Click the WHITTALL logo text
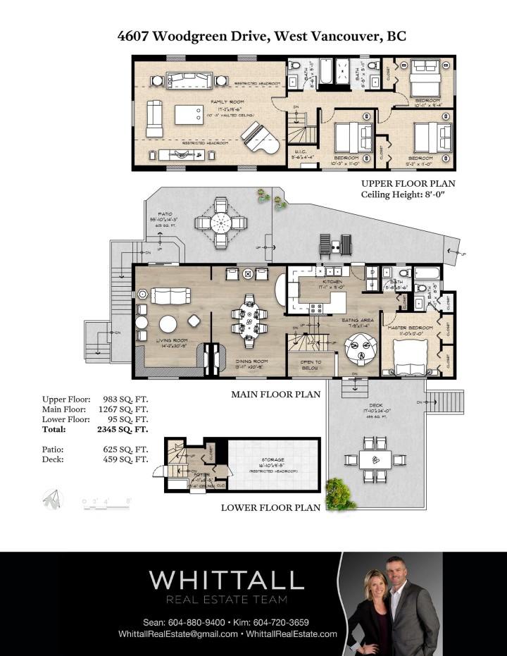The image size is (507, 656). click(226, 581)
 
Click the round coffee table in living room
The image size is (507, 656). click(168, 323)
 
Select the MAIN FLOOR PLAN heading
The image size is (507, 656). click(276, 395)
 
